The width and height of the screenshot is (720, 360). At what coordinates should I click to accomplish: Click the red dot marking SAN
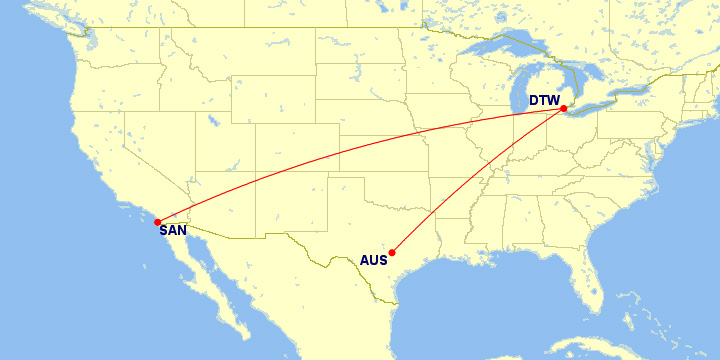(158, 222)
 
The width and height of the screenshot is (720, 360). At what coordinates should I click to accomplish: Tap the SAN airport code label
(173, 231)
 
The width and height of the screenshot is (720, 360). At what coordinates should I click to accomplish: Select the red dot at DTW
(564, 108)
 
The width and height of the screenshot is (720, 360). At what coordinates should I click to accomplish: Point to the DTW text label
(544, 100)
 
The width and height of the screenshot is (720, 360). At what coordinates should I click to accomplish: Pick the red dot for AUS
(392, 252)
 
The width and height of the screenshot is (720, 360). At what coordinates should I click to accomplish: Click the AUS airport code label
(373, 262)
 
